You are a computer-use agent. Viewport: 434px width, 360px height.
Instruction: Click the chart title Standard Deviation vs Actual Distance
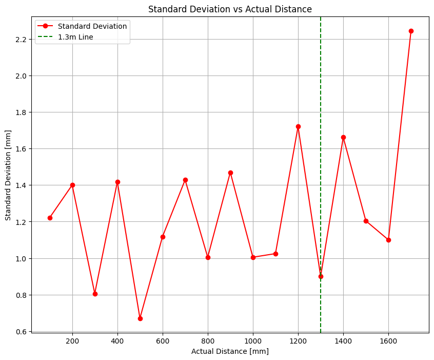[x=230, y=9]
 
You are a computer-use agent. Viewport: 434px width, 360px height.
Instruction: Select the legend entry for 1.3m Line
[x=66, y=37]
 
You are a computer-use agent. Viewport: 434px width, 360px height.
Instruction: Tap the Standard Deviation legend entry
[x=82, y=26]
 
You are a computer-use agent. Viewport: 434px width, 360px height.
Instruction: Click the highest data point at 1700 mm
[x=411, y=31]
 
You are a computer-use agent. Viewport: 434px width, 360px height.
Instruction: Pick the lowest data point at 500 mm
[x=141, y=319]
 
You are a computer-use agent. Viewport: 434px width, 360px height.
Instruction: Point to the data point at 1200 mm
[x=298, y=127]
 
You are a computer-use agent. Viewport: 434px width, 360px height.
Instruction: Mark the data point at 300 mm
[x=95, y=294]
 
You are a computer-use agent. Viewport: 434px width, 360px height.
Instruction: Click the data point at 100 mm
[x=50, y=218]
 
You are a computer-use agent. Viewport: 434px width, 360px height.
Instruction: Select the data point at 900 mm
[x=230, y=173]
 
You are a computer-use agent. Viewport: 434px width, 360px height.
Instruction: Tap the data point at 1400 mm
[x=343, y=138]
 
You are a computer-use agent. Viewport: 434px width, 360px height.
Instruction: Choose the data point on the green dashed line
[x=321, y=277]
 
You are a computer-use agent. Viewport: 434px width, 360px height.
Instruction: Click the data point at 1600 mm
[x=388, y=240]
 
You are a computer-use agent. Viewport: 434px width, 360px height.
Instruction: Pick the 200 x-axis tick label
[x=72, y=341]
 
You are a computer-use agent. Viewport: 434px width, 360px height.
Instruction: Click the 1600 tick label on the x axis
[x=388, y=341]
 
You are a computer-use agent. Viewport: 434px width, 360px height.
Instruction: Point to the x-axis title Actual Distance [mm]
[x=230, y=351]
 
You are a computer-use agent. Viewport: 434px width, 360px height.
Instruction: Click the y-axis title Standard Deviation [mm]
[x=8, y=175]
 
